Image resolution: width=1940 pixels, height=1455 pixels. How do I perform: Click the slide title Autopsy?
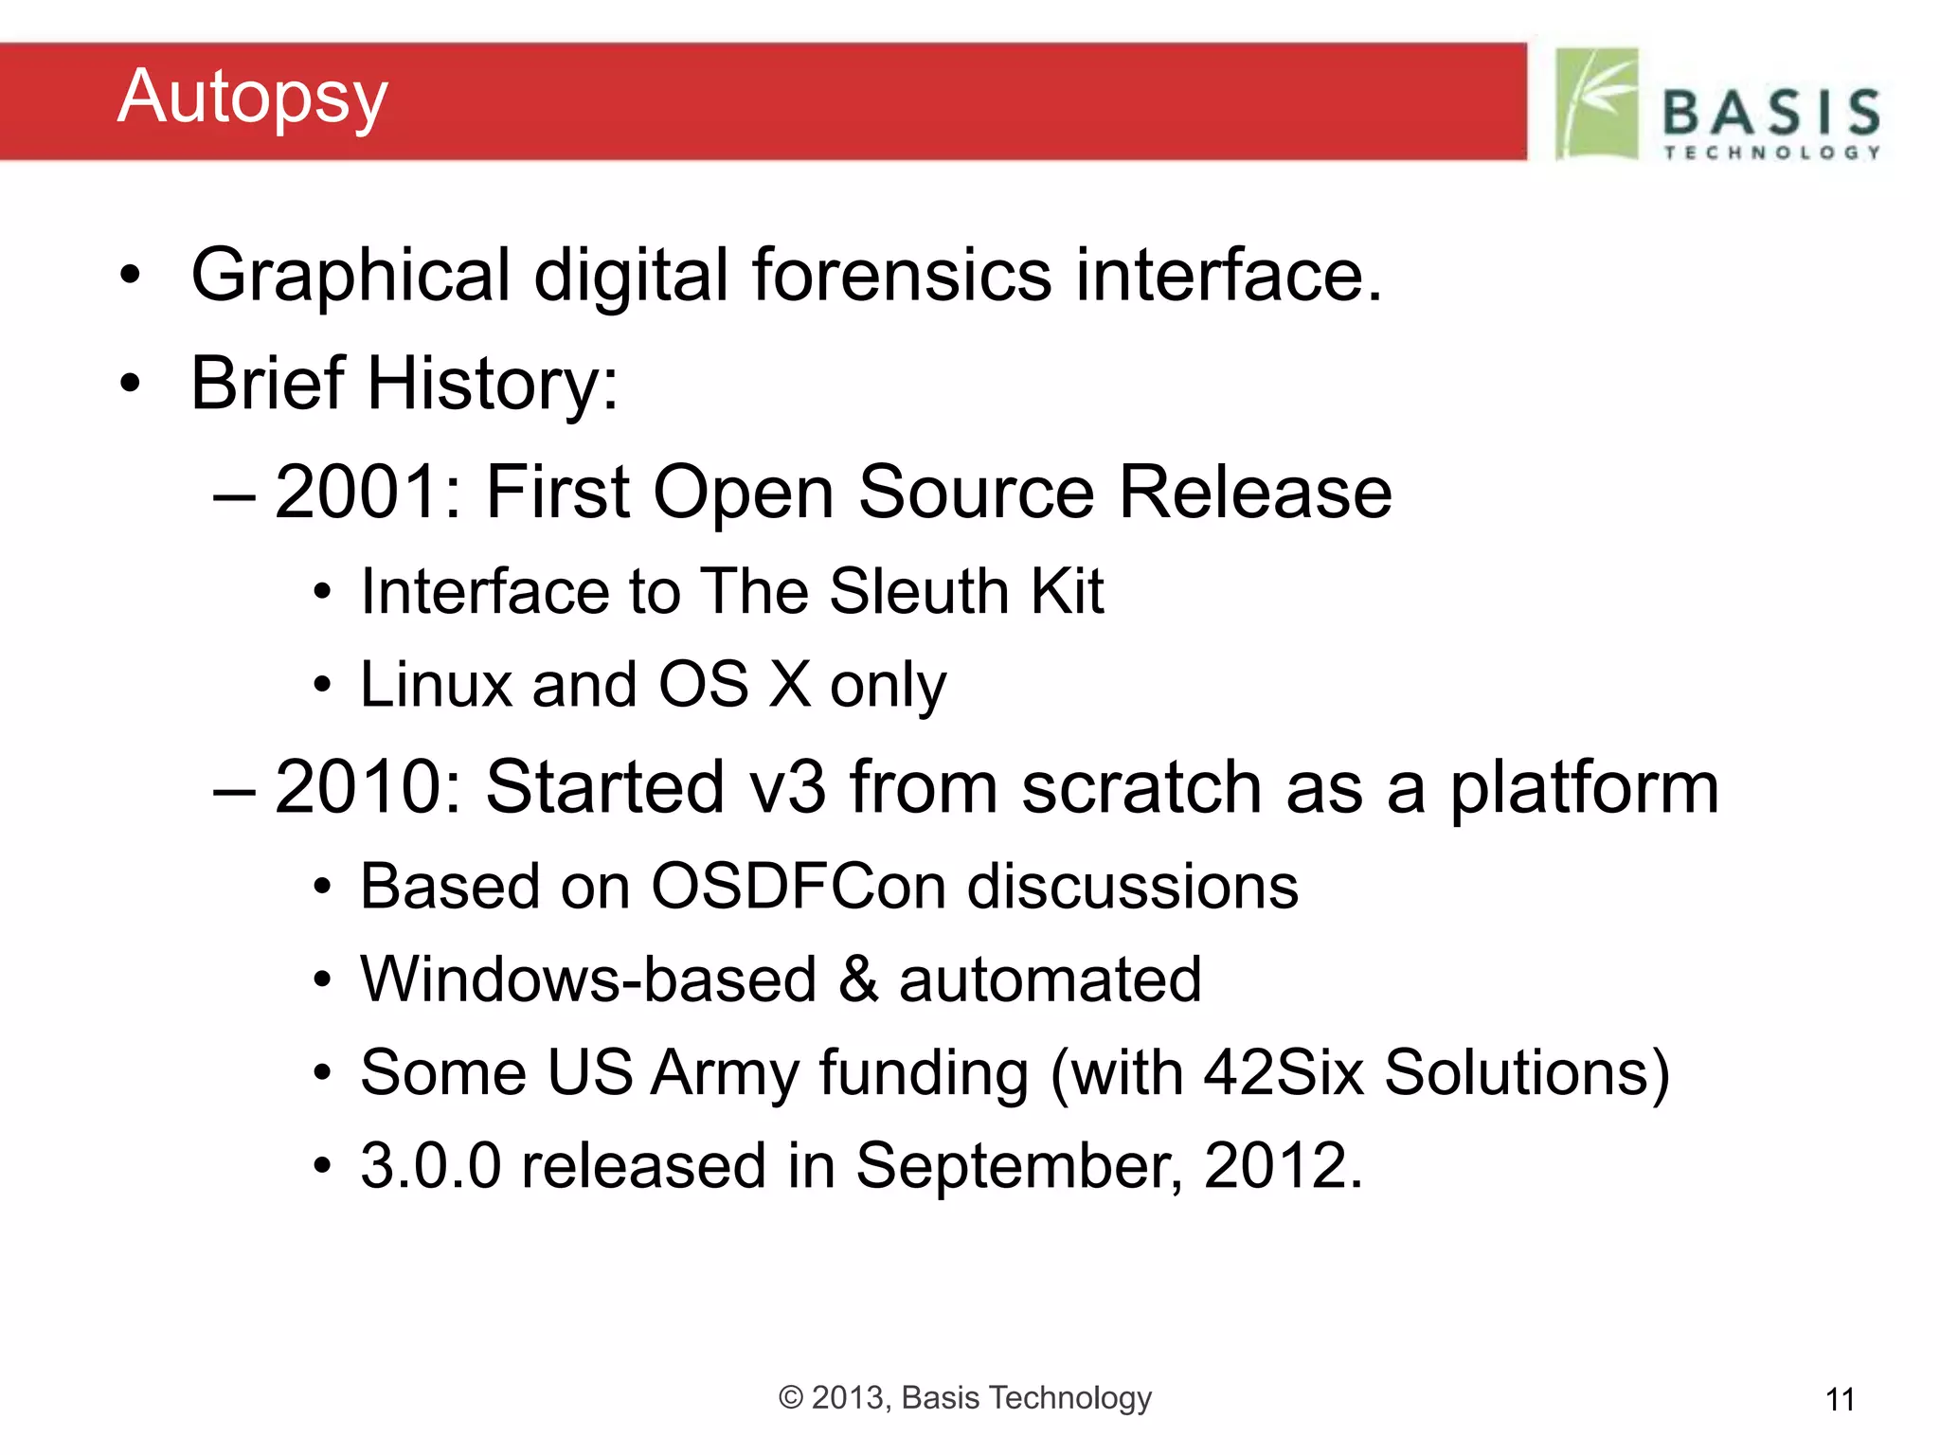(252, 98)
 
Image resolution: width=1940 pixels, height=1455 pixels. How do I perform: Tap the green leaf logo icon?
(1597, 103)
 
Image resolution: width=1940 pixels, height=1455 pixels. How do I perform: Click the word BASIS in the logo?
(1771, 112)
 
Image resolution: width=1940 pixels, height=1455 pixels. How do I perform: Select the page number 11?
(1840, 1399)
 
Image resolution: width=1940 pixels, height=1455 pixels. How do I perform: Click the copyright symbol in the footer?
(790, 1397)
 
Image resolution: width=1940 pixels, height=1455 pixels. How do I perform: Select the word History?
(492, 384)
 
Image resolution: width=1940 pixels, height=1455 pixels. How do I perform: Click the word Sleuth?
(918, 591)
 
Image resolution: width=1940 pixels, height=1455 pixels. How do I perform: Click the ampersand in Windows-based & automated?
(857, 979)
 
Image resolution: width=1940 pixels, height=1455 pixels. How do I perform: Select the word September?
(1018, 1165)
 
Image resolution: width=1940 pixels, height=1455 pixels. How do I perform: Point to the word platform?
(1584, 789)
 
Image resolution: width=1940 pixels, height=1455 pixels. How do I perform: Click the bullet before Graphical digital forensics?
(130, 276)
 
